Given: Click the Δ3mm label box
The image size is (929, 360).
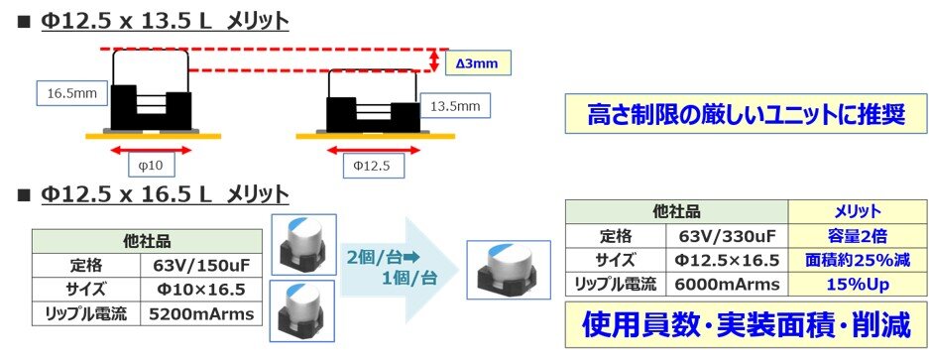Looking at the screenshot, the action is click(x=478, y=62).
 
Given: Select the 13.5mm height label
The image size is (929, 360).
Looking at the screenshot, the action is click(x=455, y=107).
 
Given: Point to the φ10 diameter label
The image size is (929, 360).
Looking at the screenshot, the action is click(x=151, y=166).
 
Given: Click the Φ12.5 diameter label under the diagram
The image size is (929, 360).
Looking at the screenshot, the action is click(x=373, y=166).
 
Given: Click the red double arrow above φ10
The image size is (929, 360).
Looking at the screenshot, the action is click(x=151, y=150).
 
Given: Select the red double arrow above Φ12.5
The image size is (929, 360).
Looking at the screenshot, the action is click(x=374, y=150).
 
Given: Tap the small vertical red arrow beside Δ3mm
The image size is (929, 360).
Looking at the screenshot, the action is click(x=435, y=60).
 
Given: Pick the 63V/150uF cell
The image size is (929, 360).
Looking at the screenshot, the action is click(x=201, y=265).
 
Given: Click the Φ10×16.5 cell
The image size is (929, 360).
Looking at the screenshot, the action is click(x=201, y=289).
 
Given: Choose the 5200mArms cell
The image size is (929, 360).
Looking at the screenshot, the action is click(x=201, y=313).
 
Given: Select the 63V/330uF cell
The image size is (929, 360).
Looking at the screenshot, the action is click(x=728, y=236).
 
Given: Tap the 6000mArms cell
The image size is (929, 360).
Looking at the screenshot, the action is click(x=728, y=285).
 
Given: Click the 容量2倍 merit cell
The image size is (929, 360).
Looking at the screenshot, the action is click(x=857, y=236).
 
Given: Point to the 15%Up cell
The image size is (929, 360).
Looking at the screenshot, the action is click(x=857, y=285).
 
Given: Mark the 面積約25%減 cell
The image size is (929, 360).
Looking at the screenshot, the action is click(x=857, y=261).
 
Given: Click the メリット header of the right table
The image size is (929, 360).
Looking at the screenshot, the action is click(x=857, y=211).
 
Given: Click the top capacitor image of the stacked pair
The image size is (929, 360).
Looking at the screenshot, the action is click(x=303, y=245).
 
